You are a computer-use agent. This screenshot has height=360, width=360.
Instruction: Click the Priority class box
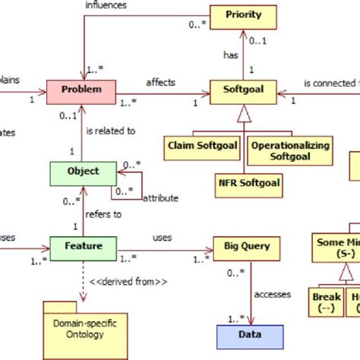243,14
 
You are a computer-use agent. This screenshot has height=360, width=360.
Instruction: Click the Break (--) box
327,303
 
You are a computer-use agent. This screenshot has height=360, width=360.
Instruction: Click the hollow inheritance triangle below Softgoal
243,115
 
